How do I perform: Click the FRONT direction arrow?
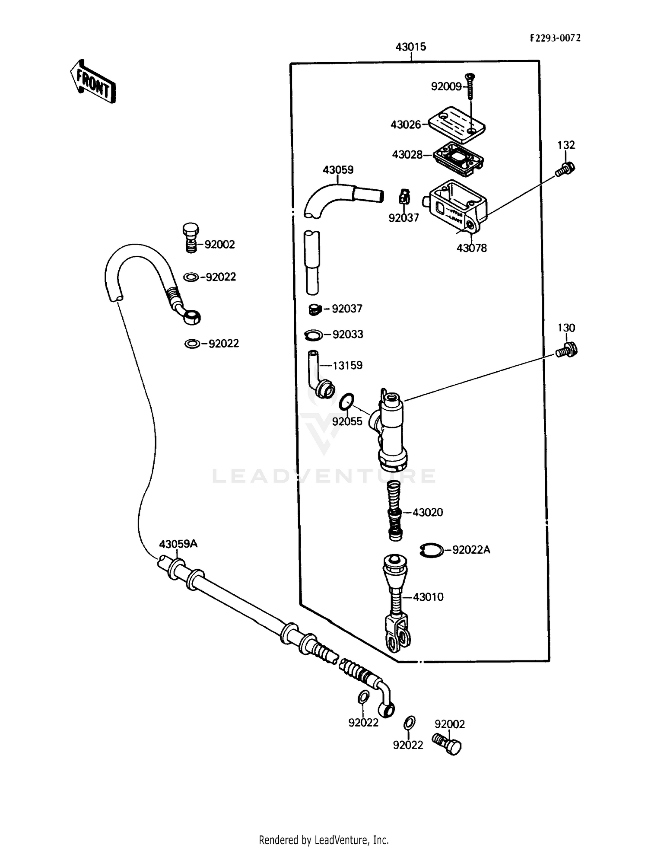[92, 82]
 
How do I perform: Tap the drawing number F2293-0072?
[555, 38]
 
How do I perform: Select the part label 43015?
[410, 47]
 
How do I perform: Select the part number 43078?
[471, 248]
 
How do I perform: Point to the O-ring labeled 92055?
[346, 402]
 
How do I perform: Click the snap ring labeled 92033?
[313, 335]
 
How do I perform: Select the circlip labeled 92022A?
[431, 550]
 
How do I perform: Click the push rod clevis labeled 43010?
[396, 605]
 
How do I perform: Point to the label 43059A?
[178, 544]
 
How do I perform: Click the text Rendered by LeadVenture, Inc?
[324, 839]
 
